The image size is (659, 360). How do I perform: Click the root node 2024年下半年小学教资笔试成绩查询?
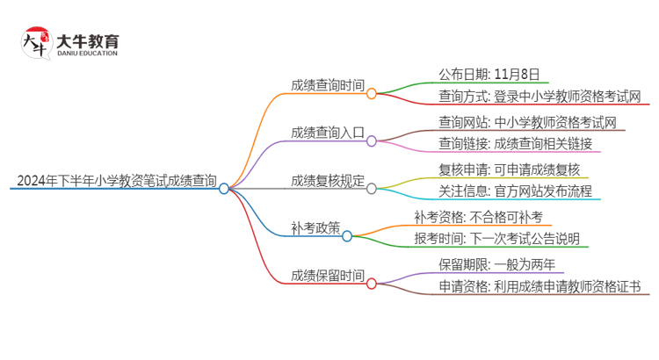[116, 181]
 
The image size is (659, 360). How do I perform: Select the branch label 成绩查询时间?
[327, 85]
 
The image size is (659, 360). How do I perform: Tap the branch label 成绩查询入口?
[327, 133]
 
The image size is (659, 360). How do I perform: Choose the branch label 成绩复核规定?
[327, 181]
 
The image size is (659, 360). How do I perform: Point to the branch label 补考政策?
[315, 228]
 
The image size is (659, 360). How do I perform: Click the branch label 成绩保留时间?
[327, 276]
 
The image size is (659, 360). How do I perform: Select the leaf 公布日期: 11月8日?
[489, 74]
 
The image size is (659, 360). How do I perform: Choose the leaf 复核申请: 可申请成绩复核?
[509, 169]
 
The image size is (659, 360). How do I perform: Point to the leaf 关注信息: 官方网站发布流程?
[515, 191]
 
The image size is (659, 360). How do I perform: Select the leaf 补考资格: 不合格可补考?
[484, 216]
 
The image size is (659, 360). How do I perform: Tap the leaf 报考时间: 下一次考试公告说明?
[496, 238]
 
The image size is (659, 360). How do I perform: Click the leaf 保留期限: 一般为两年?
[496, 264]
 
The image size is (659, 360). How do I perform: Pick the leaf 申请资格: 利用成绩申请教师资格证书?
[540, 286]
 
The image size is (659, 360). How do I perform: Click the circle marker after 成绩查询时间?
[372, 93]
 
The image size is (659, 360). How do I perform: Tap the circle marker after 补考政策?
[347, 236]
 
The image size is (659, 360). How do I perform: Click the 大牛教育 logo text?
[88, 40]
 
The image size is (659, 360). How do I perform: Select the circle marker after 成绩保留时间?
[372, 284]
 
